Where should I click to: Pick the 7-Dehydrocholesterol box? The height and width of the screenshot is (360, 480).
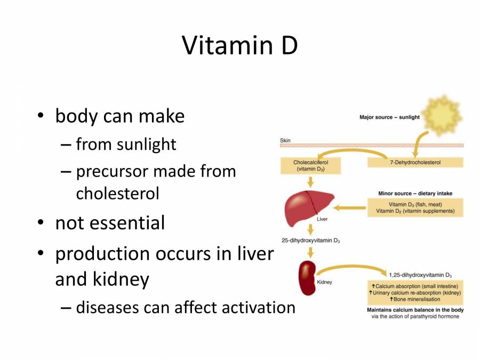click(415, 162)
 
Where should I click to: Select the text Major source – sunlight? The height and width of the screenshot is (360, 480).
click(389, 117)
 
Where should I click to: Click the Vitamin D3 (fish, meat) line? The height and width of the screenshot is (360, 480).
click(415, 204)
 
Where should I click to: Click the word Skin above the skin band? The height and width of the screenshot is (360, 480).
click(286, 141)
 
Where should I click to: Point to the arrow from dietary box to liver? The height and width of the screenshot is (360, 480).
click(349, 206)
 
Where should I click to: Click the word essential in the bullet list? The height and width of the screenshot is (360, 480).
click(127, 223)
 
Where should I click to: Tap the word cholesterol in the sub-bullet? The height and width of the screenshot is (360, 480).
click(117, 193)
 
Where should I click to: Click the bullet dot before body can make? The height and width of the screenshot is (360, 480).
click(40, 116)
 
